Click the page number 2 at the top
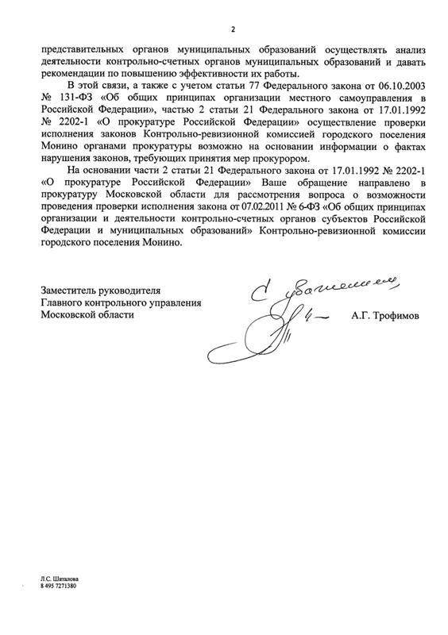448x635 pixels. click(x=234, y=29)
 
